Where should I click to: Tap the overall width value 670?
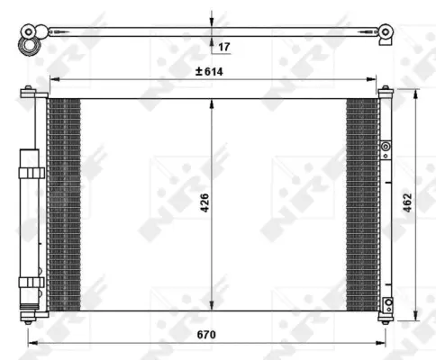[x=209, y=335]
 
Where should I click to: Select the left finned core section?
[x=64, y=203]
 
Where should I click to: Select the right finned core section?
[x=362, y=203]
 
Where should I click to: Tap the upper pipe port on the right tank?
[x=386, y=147]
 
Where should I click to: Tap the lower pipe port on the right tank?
[x=387, y=303]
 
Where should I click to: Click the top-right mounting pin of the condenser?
[x=386, y=89]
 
